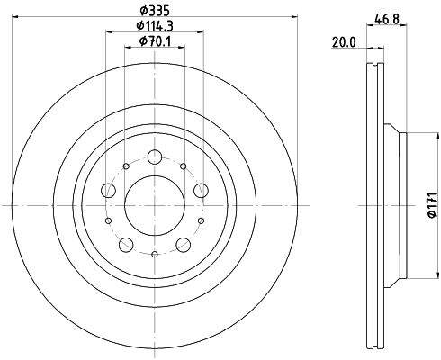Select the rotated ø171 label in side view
pos(430,205)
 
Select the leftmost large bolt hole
pos(108,189)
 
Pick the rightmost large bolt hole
pos(200,189)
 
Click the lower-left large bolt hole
pos(125,244)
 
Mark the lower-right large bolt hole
pos(183,244)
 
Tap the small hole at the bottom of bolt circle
pos(154,255)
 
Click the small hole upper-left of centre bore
pos(125,166)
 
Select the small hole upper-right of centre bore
pos(183,166)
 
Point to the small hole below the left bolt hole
pos(108,220)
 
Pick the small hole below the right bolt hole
pos(200,220)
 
